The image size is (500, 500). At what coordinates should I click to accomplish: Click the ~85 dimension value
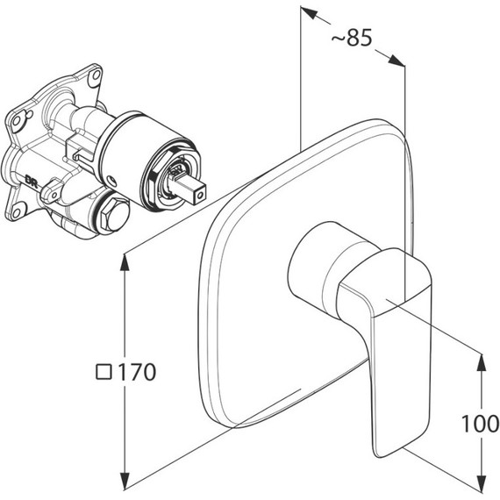click(352, 38)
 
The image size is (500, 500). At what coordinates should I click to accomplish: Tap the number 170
click(137, 372)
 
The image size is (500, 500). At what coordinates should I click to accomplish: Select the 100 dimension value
click(480, 423)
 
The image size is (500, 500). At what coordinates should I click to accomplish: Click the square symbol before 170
click(104, 372)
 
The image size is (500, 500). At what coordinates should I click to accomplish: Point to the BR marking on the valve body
click(32, 182)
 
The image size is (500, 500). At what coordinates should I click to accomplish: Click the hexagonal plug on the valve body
click(114, 213)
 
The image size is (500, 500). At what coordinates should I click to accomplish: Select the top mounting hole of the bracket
click(96, 76)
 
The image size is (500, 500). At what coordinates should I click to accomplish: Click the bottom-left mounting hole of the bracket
click(16, 211)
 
